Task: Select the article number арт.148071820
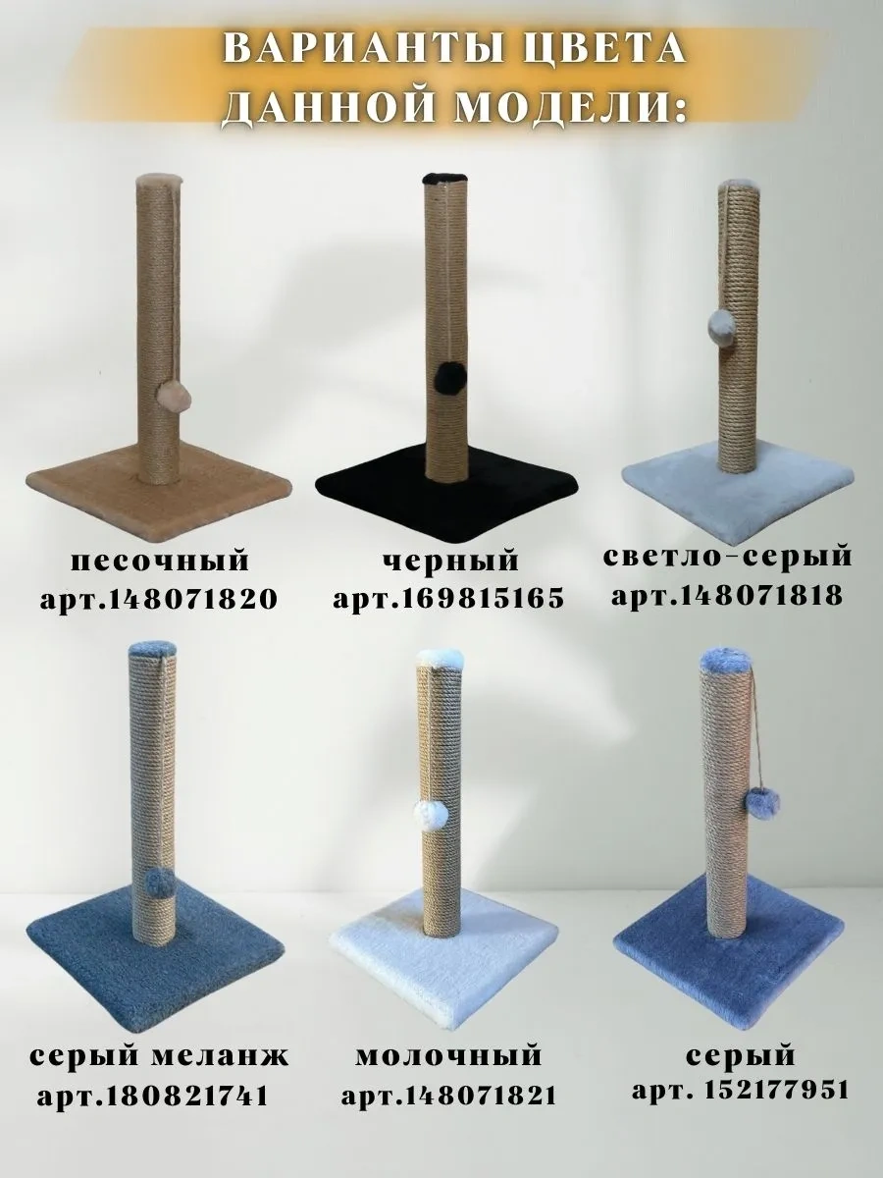159,600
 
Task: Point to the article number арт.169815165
448,599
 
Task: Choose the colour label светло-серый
728,557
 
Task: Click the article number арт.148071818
728,595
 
